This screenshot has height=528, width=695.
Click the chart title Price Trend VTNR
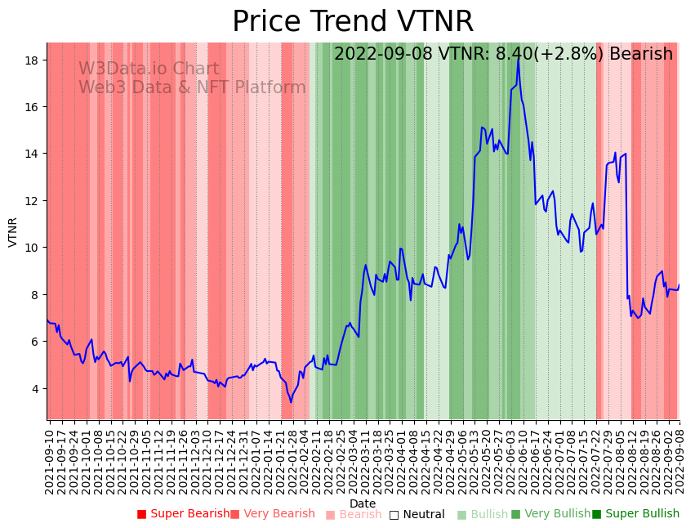352,22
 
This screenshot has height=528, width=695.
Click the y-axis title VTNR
13,231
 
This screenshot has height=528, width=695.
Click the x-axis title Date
363,504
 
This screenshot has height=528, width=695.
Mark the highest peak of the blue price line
519,57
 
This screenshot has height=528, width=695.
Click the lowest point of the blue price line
290,402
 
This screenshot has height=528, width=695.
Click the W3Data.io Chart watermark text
149,69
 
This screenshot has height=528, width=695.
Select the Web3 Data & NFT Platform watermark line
192,88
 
